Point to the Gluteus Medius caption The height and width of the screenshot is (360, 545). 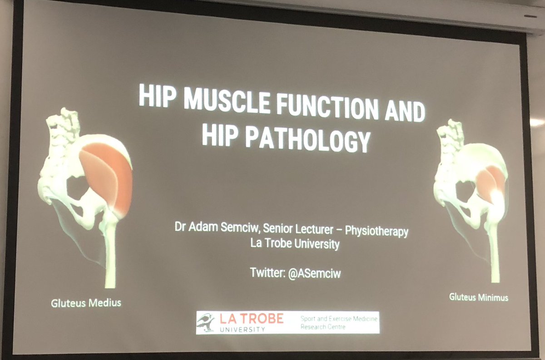click(85, 302)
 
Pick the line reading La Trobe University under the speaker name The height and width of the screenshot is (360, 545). click(295, 244)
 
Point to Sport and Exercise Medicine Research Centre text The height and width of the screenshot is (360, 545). click(338, 323)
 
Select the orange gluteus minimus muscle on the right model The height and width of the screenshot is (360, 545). click(490, 182)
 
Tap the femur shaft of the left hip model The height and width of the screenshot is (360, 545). click(110, 254)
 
